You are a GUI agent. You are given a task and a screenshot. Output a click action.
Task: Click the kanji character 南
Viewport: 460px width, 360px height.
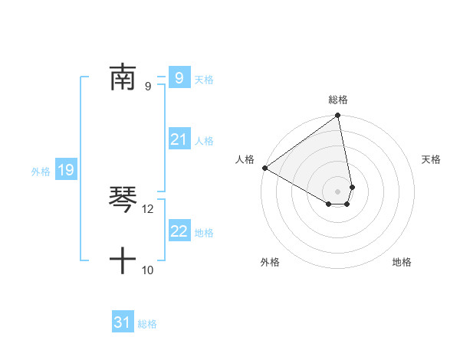click(123, 77)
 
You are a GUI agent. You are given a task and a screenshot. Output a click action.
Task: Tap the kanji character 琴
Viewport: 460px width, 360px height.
click(123, 200)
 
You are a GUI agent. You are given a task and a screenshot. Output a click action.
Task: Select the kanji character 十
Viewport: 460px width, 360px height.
click(123, 261)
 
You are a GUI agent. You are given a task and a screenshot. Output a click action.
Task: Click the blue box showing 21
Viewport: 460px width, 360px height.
click(179, 139)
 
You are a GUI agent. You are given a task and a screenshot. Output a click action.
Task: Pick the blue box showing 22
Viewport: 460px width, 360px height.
click(179, 231)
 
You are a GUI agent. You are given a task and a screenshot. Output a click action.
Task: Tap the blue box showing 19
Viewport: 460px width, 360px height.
click(66, 170)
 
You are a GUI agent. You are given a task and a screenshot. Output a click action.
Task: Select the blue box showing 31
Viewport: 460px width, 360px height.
click(123, 322)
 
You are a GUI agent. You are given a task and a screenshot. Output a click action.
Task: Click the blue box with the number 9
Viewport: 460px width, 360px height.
click(179, 77)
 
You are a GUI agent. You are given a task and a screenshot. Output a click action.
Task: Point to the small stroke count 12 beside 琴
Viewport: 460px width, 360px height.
click(148, 208)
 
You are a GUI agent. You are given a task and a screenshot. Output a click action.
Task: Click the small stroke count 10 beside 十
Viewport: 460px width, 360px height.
click(148, 270)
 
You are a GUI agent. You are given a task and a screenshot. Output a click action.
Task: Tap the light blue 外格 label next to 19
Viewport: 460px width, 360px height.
click(41, 172)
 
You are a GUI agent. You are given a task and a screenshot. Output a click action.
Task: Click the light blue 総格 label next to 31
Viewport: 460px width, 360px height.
click(147, 324)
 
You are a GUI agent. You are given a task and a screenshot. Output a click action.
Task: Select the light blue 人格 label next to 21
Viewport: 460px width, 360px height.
click(204, 141)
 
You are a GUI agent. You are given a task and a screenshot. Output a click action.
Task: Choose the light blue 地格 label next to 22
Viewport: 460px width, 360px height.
click(204, 233)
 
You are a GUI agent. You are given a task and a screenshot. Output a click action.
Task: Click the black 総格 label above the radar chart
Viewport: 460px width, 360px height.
click(338, 100)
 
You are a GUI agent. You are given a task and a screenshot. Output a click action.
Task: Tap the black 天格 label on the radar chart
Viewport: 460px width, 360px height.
click(431, 159)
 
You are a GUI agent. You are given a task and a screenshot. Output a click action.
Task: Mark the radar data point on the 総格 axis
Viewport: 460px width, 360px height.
click(338, 116)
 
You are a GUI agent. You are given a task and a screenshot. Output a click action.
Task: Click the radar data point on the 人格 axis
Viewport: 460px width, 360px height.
click(264, 168)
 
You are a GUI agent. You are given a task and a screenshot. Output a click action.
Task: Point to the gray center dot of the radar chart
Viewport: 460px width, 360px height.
click(338, 191)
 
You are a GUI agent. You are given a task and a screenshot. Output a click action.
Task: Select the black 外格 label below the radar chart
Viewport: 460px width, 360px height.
click(270, 262)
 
